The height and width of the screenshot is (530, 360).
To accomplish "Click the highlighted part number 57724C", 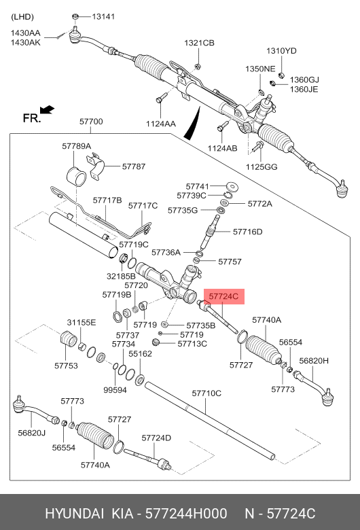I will click(223, 296).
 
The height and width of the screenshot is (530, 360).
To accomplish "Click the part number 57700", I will click(90, 122).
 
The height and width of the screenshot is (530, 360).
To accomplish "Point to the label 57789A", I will click(76, 146).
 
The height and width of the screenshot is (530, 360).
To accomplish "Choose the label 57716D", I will click(247, 232).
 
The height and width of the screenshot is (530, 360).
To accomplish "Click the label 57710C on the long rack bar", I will click(206, 393).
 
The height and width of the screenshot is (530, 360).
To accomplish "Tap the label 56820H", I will click(314, 361).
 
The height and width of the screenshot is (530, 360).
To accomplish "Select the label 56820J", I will click(32, 432).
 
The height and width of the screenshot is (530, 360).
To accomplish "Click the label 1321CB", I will click(199, 43).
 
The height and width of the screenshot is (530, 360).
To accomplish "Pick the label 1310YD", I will click(281, 51).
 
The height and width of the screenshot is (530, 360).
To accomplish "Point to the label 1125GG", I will click(262, 166).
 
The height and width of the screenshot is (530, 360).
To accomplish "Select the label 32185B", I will click(122, 277).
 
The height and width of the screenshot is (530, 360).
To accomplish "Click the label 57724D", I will click(156, 438).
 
